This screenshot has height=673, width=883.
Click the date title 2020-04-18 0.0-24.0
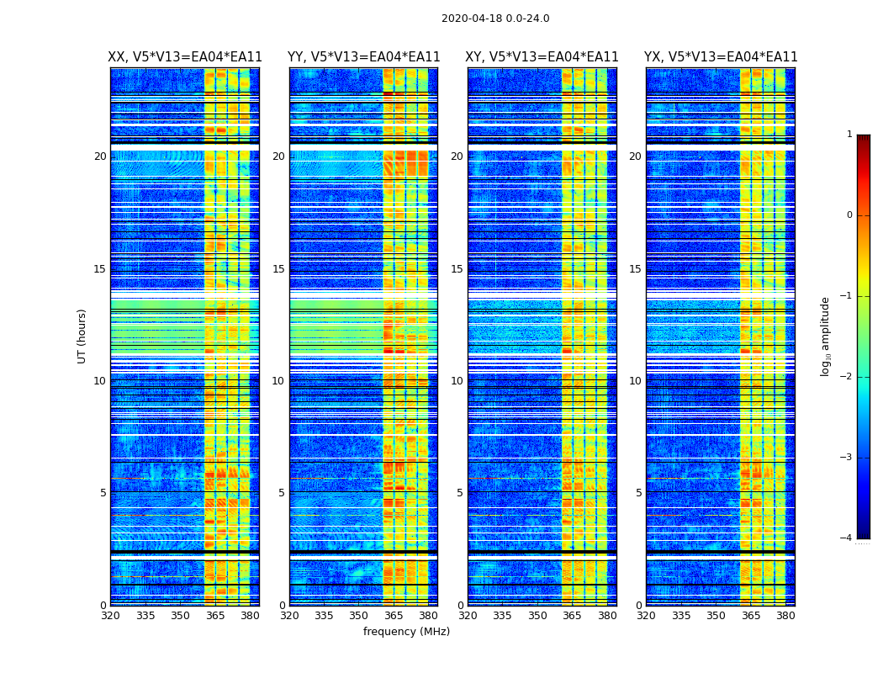coord(495,19)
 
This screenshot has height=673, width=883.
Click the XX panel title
coord(185,57)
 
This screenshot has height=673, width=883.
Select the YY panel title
coord(363,57)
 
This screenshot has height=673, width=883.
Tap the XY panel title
coord(542,57)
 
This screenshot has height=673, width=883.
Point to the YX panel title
coord(721,57)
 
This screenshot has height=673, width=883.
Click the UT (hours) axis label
coord(82,336)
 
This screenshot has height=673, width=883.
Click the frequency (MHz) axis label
coord(406,632)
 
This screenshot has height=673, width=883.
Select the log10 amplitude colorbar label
coord(826,336)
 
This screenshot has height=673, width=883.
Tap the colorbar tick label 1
coord(849,135)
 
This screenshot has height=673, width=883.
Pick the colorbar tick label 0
coord(849,215)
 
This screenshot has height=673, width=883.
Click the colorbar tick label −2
coord(848,377)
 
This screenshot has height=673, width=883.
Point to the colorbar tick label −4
coord(848,538)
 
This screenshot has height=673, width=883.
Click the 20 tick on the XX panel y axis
coord(100,156)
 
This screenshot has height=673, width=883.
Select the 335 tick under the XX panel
coord(145,616)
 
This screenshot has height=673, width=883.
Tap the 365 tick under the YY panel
coord(394,616)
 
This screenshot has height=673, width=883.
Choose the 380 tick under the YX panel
coord(785,616)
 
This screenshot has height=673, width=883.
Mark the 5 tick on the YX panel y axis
coord(639,493)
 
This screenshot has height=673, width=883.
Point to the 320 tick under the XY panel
coord(468,616)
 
